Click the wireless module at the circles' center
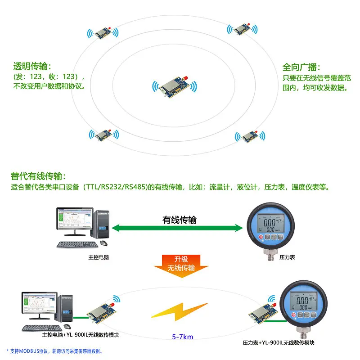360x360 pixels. [175, 86]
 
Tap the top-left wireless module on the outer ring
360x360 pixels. [103, 33]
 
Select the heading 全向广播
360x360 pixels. [301, 67]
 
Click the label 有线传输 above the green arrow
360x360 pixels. [180, 220]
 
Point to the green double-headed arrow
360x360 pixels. [177, 228]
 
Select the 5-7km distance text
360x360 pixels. [182, 337]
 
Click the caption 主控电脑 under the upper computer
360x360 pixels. [99, 258]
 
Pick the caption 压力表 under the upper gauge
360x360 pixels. [287, 257]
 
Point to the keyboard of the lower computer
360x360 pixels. [40, 328]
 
